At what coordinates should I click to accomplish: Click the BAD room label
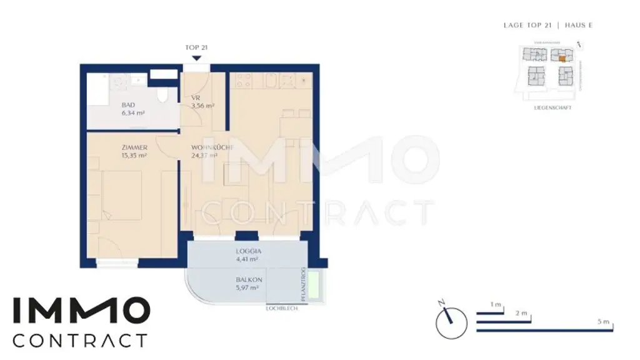[x=128, y=105]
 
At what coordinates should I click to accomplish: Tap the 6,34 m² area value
[x=133, y=113]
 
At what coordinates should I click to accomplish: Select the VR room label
[x=195, y=98]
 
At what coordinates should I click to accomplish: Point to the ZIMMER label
[x=134, y=147]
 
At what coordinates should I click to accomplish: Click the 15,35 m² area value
[x=134, y=156]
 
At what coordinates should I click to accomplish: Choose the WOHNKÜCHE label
[x=212, y=147]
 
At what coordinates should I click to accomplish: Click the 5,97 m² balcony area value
[x=246, y=288]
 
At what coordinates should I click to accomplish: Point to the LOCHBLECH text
[x=282, y=308]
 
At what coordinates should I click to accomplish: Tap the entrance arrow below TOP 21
[x=196, y=58]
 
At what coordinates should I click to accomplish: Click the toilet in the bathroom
[x=163, y=96]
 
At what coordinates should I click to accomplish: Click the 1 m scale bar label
[x=496, y=304]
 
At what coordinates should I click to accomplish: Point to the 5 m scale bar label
[x=602, y=321]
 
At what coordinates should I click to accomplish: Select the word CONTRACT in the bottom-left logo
[x=80, y=341]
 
